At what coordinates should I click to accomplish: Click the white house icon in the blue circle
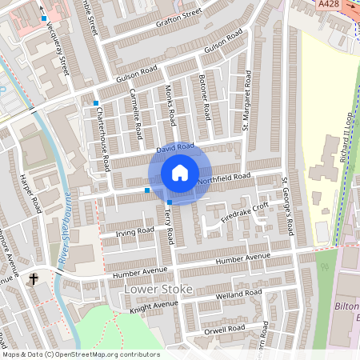tap(180, 173)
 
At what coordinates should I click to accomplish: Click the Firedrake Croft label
tap(244, 210)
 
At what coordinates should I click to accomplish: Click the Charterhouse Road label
tap(103, 138)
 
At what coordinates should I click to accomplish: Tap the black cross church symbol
tap(34, 279)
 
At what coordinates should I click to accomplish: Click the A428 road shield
tap(328, 5)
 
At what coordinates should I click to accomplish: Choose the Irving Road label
tap(134, 231)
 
